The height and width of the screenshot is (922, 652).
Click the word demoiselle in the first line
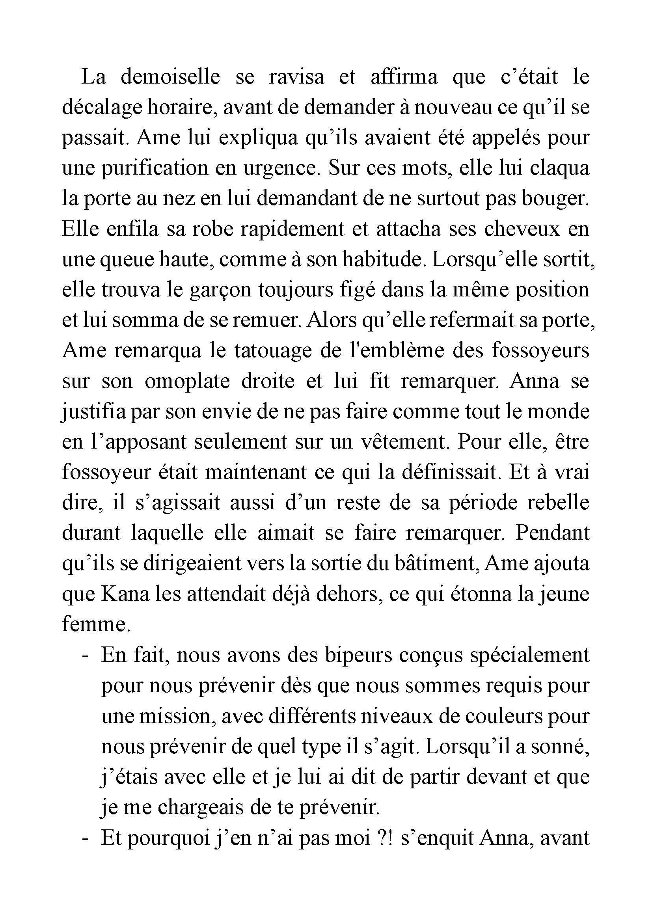click(170, 77)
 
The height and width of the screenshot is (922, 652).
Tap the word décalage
click(101, 108)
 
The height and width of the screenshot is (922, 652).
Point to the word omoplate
click(187, 381)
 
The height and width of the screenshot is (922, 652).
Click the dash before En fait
click(85, 656)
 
